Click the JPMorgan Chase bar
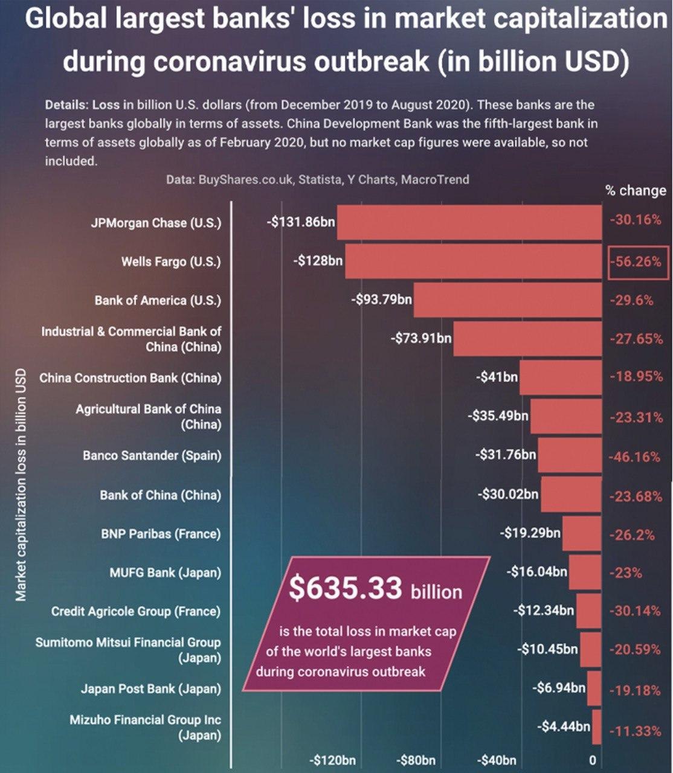(x=469, y=223)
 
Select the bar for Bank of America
(x=507, y=300)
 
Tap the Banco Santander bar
(x=570, y=455)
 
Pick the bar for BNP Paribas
(x=582, y=533)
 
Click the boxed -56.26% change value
(x=637, y=262)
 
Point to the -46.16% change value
(x=635, y=457)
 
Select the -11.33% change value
(x=635, y=731)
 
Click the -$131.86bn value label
(x=301, y=222)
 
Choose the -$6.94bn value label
(x=559, y=687)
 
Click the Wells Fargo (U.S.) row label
(x=171, y=261)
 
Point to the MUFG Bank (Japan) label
(x=165, y=572)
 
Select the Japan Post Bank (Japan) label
(x=151, y=688)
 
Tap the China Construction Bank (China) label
(x=130, y=378)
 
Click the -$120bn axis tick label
(x=333, y=760)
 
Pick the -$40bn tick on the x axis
(x=497, y=760)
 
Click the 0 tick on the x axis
(x=592, y=760)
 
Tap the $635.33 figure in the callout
(x=346, y=588)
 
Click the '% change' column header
(x=636, y=190)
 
